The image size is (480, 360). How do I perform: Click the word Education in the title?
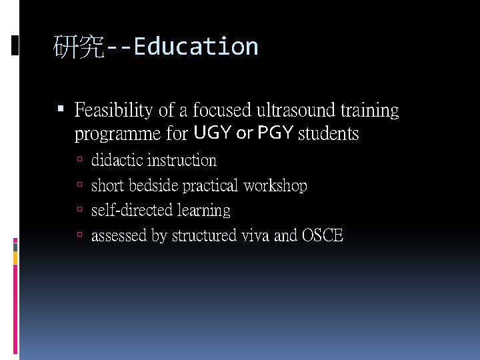coord(195,47)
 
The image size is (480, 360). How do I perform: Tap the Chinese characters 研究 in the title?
coord(79,47)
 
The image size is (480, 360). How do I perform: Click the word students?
coord(329,134)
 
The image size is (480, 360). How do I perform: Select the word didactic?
coord(117,161)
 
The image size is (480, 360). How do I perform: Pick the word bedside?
coord(153,185)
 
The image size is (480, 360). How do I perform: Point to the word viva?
coord(255,235)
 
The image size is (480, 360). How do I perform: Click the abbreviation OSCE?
coord(323,235)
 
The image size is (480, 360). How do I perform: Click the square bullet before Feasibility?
coord(61,108)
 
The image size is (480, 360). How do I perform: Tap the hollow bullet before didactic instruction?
coord(79,160)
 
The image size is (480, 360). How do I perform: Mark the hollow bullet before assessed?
coord(79,235)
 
